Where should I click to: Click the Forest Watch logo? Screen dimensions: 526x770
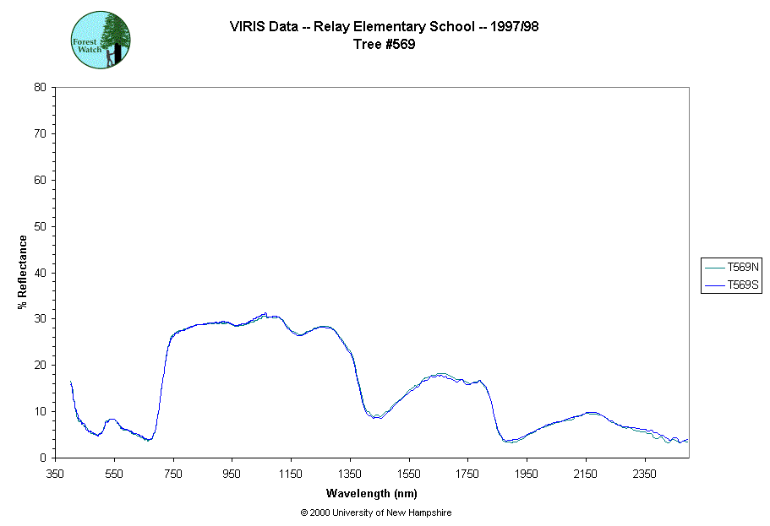point(101,40)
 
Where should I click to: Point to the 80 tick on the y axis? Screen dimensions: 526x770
point(40,87)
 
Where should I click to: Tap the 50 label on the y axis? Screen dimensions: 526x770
point(40,226)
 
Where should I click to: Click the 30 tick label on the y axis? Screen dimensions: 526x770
point(40,319)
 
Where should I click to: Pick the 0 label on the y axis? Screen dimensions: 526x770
point(43,458)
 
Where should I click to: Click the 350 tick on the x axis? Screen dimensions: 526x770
point(56,474)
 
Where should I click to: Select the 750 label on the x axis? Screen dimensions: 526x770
point(173,474)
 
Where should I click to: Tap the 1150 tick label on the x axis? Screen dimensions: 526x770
point(291,474)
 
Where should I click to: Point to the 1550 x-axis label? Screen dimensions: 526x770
point(409,474)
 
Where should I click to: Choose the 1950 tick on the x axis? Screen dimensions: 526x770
point(527,474)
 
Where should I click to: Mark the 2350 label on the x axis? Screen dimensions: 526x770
point(644,474)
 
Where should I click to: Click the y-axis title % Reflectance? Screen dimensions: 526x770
point(23,272)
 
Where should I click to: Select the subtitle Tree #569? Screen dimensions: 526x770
point(385,45)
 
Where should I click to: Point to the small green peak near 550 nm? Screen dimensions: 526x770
point(112,419)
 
